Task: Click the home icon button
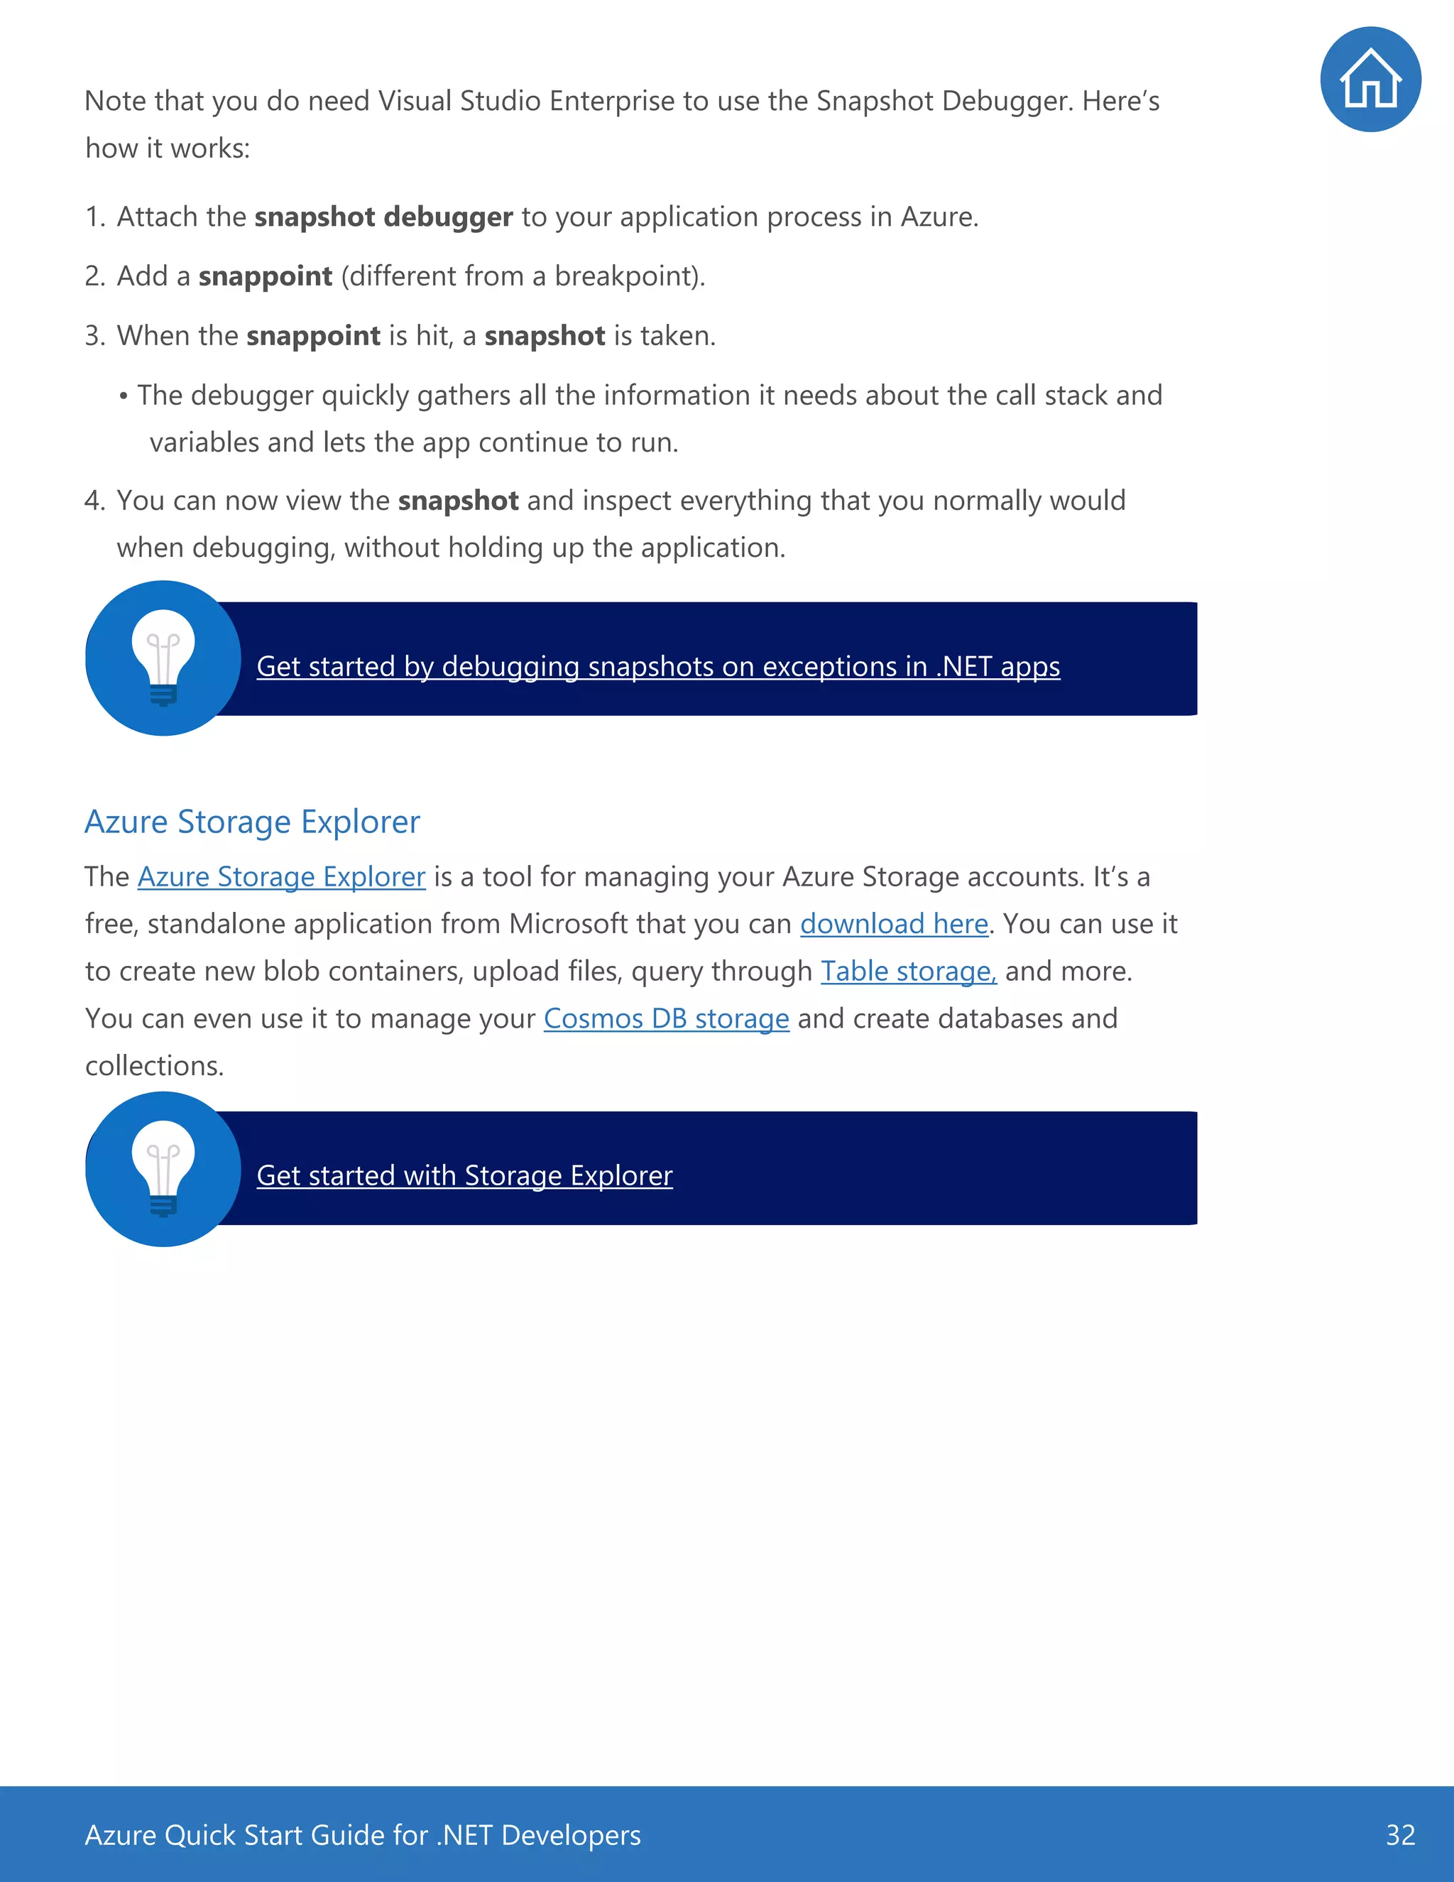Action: coord(1370,80)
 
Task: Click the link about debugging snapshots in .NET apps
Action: coord(657,666)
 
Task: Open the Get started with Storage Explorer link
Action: coord(464,1175)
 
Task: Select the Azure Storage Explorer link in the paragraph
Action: coord(281,876)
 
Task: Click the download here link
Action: coord(893,924)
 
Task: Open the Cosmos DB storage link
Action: coord(666,1018)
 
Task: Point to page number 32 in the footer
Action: coord(1400,1834)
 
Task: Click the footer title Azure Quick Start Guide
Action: coord(362,1834)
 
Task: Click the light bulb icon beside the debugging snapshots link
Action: coord(163,658)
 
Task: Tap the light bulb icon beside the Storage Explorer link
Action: coord(163,1168)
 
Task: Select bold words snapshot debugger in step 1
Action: coord(383,217)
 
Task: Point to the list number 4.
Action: coord(93,501)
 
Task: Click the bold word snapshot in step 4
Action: coord(457,501)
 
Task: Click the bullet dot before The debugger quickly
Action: coord(124,396)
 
